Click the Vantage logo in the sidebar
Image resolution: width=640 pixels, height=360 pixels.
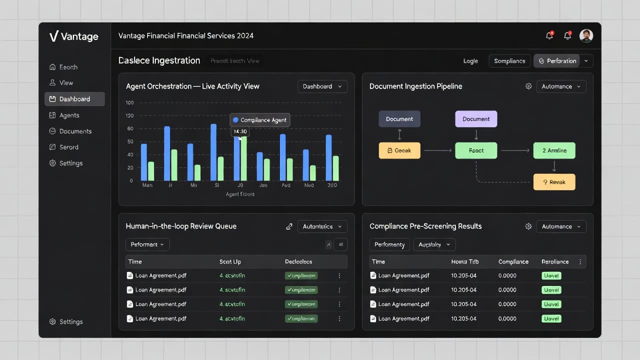pyautogui.click(x=73, y=36)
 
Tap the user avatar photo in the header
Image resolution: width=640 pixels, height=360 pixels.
pyautogui.click(x=586, y=35)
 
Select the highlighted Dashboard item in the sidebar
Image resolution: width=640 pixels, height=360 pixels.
pyautogui.click(x=74, y=99)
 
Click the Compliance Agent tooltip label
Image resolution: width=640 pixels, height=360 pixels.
pyautogui.click(x=259, y=120)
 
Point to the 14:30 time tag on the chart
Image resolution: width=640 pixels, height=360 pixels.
pyautogui.click(x=240, y=131)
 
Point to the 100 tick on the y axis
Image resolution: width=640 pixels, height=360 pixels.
pyautogui.click(x=130, y=103)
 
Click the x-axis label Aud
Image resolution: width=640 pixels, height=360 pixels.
pyautogui.click(x=286, y=185)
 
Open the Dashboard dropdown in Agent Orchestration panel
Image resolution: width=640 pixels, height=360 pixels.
pyautogui.click(x=322, y=86)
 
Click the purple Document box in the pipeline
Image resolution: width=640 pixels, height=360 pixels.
pyautogui.click(x=476, y=119)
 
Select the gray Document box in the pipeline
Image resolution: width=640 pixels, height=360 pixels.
pyautogui.click(x=399, y=119)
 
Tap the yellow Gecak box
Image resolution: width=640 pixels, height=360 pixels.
pyautogui.click(x=399, y=150)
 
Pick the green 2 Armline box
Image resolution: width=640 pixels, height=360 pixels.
pyautogui.click(x=554, y=150)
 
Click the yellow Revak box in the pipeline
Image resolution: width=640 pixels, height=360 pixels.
pyautogui.click(x=554, y=182)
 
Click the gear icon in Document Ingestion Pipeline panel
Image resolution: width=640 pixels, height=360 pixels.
pyautogui.click(x=528, y=86)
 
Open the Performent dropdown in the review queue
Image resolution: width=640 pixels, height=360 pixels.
pyautogui.click(x=147, y=244)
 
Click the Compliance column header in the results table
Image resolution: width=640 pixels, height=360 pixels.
pyautogui.click(x=513, y=261)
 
